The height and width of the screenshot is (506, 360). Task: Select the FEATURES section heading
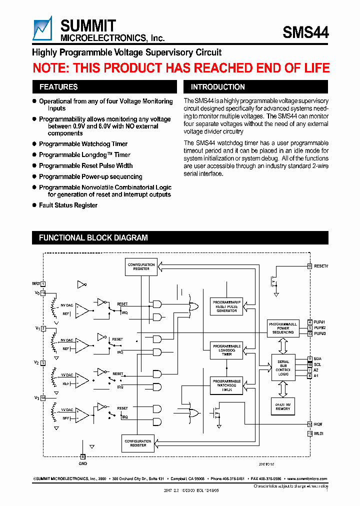pyautogui.click(x=58, y=87)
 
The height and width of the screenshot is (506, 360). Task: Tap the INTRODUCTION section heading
pyautogui.click(x=218, y=87)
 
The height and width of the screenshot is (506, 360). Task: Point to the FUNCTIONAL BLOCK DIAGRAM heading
pyautogui.click(x=93, y=238)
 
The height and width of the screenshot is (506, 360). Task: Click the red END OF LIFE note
pyautogui.click(x=181, y=68)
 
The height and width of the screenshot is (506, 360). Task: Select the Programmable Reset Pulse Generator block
pyautogui.click(x=226, y=306)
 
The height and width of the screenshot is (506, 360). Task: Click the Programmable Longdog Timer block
pyautogui.click(x=226, y=349)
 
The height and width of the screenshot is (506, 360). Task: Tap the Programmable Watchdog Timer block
pyautogui.click(x=226, y=385)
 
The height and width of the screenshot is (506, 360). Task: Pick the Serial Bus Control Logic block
pyautogui.click(x=283, y=368)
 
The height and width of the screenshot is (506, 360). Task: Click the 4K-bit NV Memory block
pyautogui.click(x=283, y=406)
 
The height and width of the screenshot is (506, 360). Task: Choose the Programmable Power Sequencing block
pyautogui.click(x=283, y=328)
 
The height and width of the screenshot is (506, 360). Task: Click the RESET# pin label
pyautogui.click(x=321, y=266)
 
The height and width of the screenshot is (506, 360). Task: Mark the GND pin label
pyautogui.click(x=83, y=462)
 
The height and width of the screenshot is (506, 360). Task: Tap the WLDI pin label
pyautogui.click(x=319, y=433)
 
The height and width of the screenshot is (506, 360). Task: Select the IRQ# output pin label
pyautogui.click(x=319, y=424)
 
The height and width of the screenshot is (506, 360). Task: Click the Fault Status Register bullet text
pyautogui.click(x=68, y=205)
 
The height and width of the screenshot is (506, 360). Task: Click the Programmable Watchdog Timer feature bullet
pyautogui.click(x=83, y=144)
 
